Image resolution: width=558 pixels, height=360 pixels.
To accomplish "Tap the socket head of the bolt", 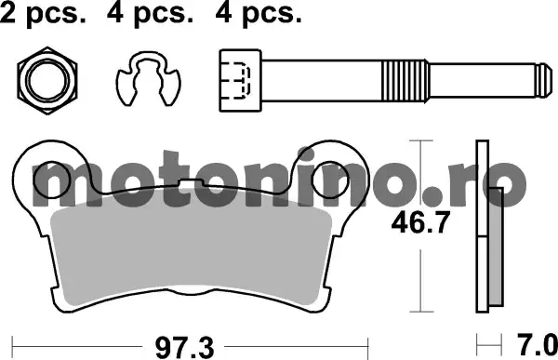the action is pos(241,81).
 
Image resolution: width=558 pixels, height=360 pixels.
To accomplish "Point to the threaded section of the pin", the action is pos(405,81).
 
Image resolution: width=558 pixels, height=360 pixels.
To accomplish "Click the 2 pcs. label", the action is pos(43,14).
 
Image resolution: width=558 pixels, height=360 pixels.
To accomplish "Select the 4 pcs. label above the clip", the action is pos(150,14).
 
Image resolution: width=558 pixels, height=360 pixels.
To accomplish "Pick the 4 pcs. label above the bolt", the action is pos(259,14).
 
